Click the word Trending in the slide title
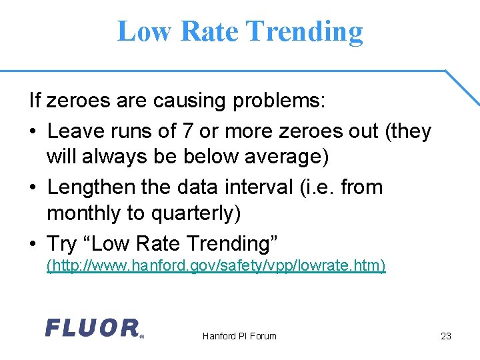click(x=304, y=31)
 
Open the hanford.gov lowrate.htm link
click(x=215, y=266)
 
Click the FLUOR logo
click(x=93, y=328)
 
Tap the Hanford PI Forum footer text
click(x=239, y=336)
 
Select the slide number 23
click(x=446, y=336)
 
